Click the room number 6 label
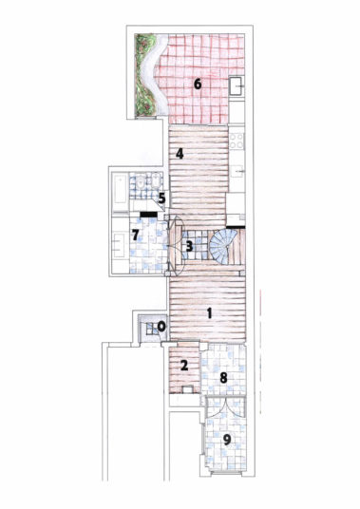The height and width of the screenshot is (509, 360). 198,85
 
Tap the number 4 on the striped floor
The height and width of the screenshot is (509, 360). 180,154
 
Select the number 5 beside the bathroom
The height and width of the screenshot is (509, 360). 161,198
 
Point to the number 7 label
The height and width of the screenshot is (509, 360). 136,235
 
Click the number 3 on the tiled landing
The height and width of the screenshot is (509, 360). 189,246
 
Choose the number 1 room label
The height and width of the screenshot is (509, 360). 209,313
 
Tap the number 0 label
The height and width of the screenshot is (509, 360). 161,327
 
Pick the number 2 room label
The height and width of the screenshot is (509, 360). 184,366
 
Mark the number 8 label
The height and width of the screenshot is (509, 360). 223,378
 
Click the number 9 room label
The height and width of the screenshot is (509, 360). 227,440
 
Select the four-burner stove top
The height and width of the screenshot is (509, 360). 237,141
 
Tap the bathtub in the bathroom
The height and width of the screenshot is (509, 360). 120,189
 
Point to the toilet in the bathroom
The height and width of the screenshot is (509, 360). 141,182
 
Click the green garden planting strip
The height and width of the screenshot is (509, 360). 144,75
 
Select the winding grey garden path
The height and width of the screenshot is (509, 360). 155,74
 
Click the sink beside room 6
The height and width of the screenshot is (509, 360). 237,85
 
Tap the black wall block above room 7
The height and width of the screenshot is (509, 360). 149,215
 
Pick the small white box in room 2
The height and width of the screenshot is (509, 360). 187,389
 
